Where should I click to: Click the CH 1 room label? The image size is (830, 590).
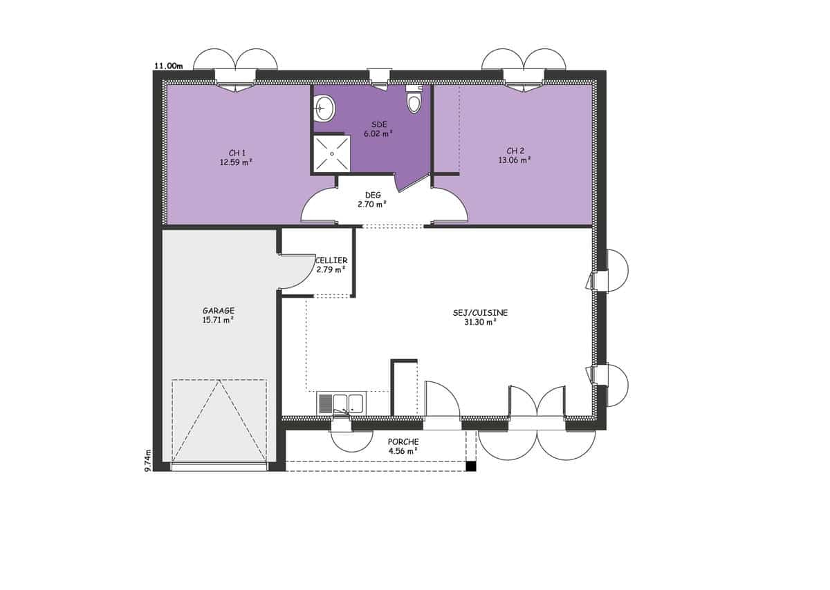[x=237, y=153]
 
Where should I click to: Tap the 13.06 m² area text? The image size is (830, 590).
[x=515, y=160]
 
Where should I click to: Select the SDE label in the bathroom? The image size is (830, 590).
[x=379, y=124]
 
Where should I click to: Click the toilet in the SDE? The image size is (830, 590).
[x=414, y=99]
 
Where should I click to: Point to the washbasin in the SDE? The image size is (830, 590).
[x=324, y=108]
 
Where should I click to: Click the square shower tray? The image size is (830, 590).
[x=332, y=153]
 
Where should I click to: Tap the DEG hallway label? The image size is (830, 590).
[x=373, y=195]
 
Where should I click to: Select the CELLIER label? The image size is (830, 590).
[x=331, y=260]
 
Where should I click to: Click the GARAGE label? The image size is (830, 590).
[x=219, y=311]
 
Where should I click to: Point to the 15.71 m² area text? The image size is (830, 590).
[x=218, y=320]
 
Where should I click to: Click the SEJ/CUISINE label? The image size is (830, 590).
[x=480, y=313]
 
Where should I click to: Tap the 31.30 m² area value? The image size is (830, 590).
[x=481, y=322]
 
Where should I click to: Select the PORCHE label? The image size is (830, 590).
[x=403, y=442]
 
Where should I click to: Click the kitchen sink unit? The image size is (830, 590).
[x=341, y=404]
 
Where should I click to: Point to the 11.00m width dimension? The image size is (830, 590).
[x=169, y=66]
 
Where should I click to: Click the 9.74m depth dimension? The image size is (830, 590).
[x=148, y=460]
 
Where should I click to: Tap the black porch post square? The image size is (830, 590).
[x=470, y=466]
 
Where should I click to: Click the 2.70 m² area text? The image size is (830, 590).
[x=372, y=204]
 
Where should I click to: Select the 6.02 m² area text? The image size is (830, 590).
[x=378, y=133]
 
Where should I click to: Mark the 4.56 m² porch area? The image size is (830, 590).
[x=403, y=451]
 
